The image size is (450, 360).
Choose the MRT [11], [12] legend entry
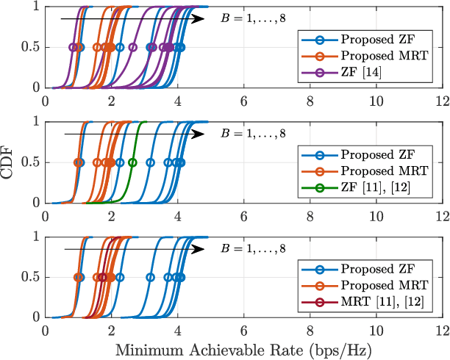379,301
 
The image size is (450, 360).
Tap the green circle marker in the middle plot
132,162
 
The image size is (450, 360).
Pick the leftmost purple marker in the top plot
72,47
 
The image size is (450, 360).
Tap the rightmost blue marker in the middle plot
181,162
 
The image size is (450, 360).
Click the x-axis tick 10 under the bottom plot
376,329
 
